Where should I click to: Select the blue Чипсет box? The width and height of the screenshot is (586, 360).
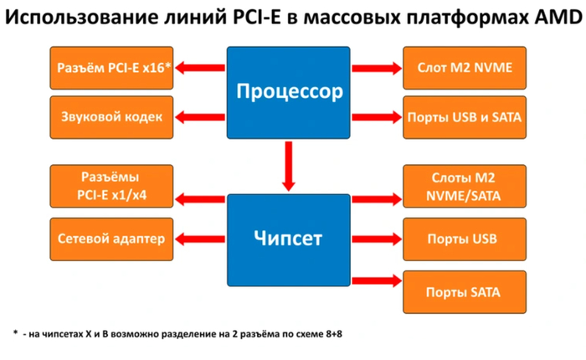tap(287, 239)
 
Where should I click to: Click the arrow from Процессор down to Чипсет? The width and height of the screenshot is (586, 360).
tap(288, 164)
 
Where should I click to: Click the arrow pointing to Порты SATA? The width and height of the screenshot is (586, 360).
tap(375, 280)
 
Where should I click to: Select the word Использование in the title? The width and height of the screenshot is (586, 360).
tap(78, 19)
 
